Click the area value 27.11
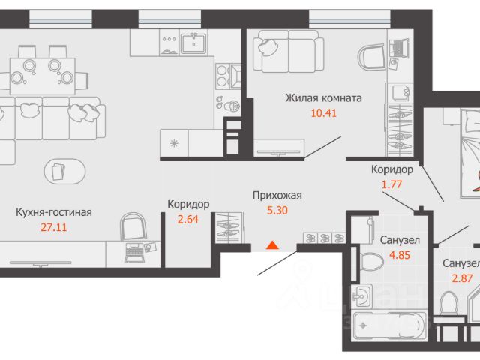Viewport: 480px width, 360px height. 54,227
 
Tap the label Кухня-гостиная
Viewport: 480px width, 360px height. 54,212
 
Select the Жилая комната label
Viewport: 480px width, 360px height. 323,98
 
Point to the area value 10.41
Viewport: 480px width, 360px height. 324,113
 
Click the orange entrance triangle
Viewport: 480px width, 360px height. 272,245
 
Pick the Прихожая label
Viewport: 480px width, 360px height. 277,195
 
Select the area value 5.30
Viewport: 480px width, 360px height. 277,210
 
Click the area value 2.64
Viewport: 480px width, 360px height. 188,219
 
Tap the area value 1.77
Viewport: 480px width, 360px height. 391,184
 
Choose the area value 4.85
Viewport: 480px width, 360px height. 400,255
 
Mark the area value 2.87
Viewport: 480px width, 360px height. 463,278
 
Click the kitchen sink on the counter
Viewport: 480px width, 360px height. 194,43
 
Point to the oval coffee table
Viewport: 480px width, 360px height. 65,172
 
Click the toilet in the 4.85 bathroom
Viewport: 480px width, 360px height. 371,262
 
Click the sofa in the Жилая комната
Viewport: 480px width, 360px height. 289,51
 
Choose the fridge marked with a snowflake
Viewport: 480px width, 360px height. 174,143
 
